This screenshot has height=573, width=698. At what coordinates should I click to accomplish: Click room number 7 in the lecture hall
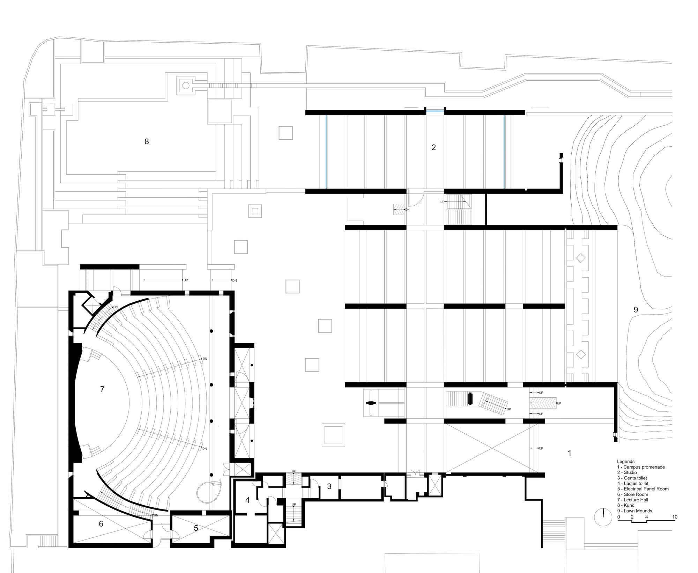tap(102, 389)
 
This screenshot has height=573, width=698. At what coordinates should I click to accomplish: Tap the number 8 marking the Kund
tap(147, 141)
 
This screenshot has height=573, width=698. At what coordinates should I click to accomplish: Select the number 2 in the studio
tap(433, 147)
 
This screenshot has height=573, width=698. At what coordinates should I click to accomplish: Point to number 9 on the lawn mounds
tap(636, 309)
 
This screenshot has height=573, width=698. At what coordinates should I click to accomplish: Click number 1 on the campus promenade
tap(570, 453)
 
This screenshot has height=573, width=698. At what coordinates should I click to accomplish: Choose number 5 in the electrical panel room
tap(196, 528)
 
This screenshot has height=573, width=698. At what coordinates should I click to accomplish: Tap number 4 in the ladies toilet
tap(247, 500)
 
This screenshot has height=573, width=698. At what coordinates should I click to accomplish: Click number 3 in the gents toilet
tap(329, 486)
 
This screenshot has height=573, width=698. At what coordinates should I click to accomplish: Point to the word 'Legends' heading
tap(626, 461)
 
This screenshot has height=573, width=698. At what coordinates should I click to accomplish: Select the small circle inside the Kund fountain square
tap(186, 85)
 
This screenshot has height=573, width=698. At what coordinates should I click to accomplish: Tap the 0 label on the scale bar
tap(619, 517)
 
